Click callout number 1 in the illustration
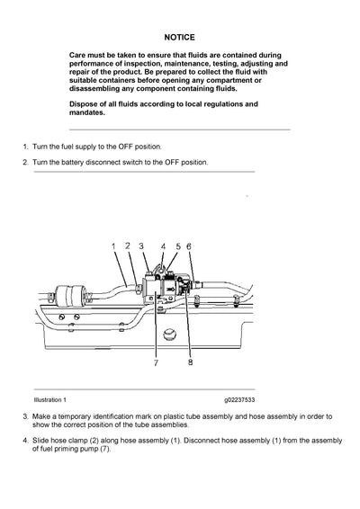pyautogui.click(x=113, y=246)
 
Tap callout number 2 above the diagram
pyautogui.click(x=128, y=245)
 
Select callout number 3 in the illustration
pyautogui.click(x=142, y=246)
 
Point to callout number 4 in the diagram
pyautogui.click(x=163, y=246)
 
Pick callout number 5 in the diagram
pyautogui.click(x=177, y=246)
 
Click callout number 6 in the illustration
pyautogui.click(x=189, y=246)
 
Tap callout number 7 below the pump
pyautogui.click(x=156, y=363)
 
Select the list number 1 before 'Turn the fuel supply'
pyautogui.click(x=24, y=146)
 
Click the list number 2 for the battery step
pyautogui.click(x=24, y=163)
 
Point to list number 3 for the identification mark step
pyautogui.click(x=24, y=416)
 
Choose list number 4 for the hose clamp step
pyautogui.click(x=24, y=441)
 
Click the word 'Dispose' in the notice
pyautogui.click(x=85, y=104)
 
